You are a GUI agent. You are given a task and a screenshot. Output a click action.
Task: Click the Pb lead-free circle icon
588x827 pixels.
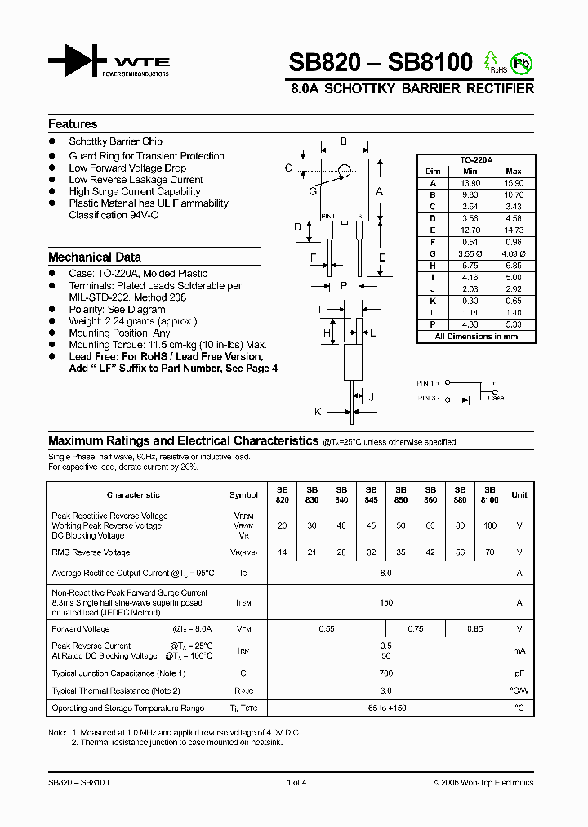point(519,62)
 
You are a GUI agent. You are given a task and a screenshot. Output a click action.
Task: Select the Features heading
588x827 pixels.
point(73,124)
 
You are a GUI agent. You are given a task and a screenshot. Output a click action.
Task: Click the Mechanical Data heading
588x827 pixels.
point(95,257)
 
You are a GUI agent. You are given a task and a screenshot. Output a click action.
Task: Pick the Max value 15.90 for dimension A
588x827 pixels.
point(514,184)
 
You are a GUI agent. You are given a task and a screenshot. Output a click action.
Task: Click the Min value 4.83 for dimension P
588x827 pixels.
point(470,324)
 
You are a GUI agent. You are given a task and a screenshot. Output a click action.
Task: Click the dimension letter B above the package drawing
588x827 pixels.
point(344,141)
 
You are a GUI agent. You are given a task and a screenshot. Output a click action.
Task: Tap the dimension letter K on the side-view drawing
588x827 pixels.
point(318,413)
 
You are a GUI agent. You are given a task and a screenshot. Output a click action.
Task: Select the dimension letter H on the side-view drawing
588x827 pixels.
point(327,333)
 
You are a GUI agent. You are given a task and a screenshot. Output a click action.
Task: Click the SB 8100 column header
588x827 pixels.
point(490,495)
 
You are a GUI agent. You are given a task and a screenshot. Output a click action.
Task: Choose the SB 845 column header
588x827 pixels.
point(372,495)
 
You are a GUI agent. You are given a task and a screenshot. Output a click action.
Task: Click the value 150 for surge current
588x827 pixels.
point(386,603)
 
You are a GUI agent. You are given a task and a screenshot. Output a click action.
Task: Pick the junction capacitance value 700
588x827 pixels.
point(386,673)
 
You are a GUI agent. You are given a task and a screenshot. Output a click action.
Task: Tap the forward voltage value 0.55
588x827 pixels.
point(327,629)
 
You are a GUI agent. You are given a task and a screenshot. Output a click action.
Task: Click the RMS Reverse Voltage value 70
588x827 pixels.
point(490,552)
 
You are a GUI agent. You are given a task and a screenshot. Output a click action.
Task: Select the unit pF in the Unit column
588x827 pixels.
point(519,673)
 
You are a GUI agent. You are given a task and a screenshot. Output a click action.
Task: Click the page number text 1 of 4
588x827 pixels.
point(296,782)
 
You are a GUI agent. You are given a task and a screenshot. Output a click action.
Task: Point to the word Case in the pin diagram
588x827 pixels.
point(496,398)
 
